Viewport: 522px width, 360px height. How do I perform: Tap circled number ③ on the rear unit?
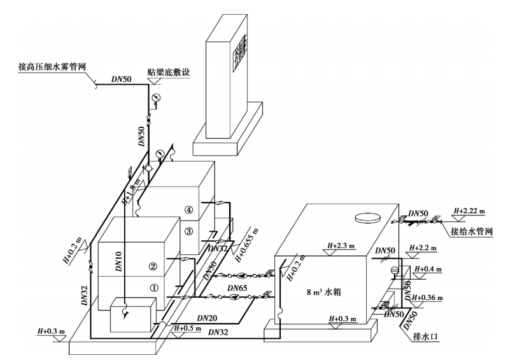[x=188, y=231]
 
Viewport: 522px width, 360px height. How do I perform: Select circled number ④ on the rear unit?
[x=188, y=210]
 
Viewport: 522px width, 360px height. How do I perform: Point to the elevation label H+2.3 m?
[x=340, y=245]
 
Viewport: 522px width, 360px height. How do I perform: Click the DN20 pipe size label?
[x=208, y=317]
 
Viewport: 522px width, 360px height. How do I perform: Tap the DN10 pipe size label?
[x=118, y=262]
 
